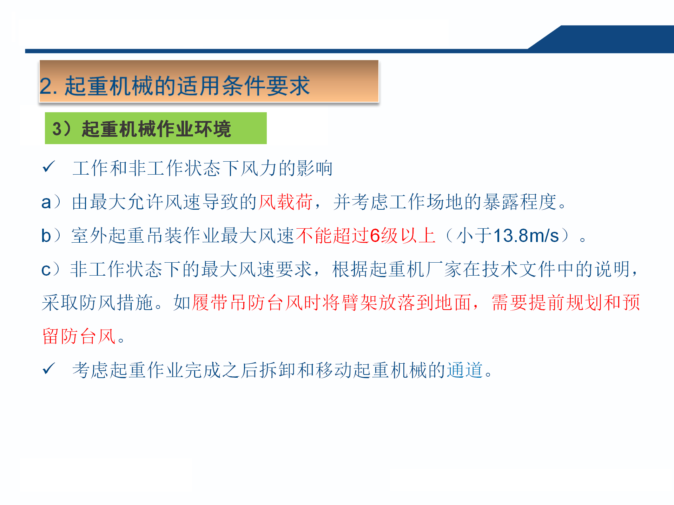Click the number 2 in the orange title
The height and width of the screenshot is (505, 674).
(x=47, y=86)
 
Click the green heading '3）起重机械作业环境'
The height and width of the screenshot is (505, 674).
(x=142, y=129)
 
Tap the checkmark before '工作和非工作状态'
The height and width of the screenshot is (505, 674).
(x=48, y=167)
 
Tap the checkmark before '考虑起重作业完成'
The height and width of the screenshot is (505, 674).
(x=48, y=369)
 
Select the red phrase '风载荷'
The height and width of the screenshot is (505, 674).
(x=286, y=202)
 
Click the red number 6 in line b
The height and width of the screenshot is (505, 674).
(x=375, y=235)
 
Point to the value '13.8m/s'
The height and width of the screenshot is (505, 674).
(x=526, y=235)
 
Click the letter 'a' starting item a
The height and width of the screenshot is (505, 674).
(x=46, y=203)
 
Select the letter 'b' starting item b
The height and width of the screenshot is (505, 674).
(x=46, y=235)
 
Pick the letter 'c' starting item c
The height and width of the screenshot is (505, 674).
(x=46, y=270)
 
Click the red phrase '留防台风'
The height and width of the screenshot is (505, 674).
(x=79, y=336)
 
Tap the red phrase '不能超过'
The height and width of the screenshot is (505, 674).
(x=332, y=235)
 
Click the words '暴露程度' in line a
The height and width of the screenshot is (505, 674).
(x=520, y=202)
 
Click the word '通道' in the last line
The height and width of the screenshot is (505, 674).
(x=465, y=370)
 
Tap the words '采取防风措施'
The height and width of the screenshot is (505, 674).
(x=98, y=303)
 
